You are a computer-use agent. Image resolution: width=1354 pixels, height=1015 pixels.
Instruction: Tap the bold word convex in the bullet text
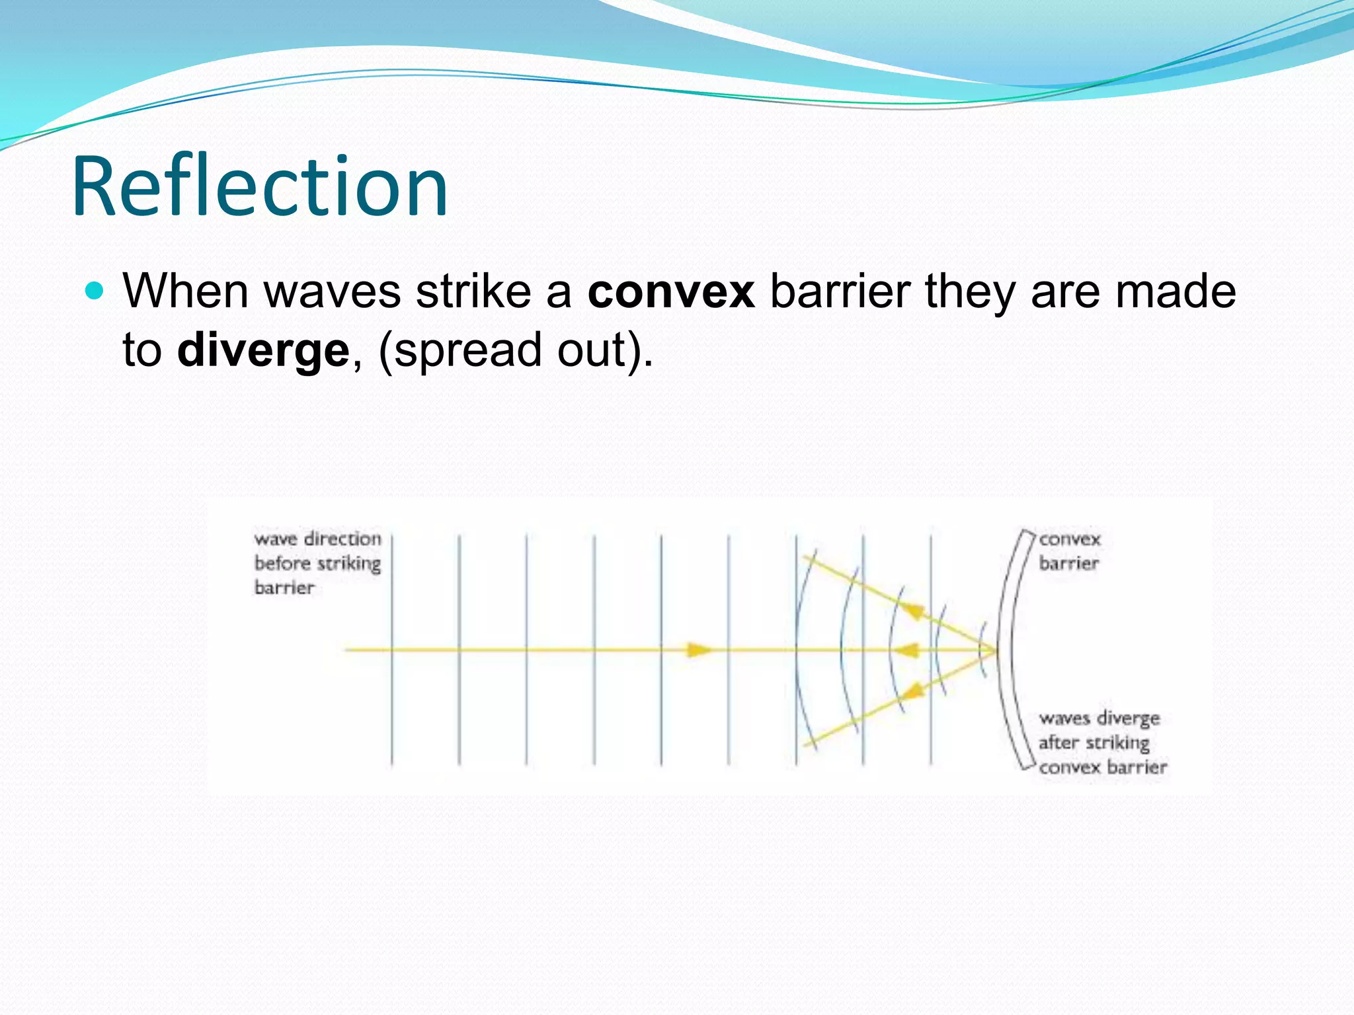coord(670,291)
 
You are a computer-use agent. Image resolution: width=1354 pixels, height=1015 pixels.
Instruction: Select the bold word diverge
coord(262,350)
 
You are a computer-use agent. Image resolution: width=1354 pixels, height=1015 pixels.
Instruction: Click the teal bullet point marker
coord(95,291)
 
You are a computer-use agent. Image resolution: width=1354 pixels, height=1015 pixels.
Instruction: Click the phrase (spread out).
coord(515,350)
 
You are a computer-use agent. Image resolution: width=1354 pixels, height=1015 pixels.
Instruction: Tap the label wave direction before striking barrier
coord(317,563)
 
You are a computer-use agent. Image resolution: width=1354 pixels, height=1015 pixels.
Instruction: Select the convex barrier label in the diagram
coord(1069,551)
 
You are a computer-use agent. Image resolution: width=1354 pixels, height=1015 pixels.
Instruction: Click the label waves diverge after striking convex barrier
coord(1101,742)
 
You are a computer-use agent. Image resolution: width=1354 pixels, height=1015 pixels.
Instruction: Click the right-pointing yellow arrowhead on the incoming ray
coord(698,650)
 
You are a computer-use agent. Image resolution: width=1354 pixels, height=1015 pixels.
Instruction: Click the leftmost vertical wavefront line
coord(392,651)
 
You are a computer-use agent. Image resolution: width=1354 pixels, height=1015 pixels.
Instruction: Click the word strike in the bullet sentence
coord(473,291)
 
